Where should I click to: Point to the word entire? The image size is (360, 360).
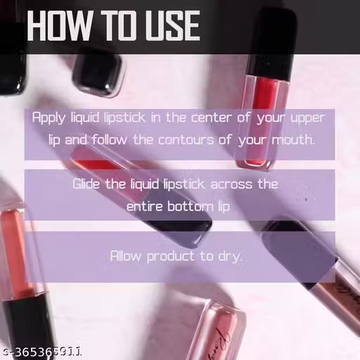(x=143, y=207)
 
